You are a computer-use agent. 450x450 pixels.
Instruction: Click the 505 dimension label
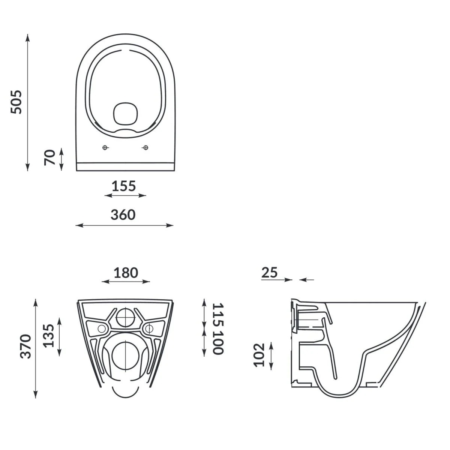(x=16, y=102)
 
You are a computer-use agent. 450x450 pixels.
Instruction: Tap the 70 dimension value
(x=50, y=157)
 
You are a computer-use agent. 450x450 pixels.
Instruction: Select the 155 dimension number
(x=124, y=186)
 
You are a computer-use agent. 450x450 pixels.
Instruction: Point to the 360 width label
(x=123, y=215)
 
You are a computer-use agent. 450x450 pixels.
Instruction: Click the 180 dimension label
(x=126, y=273)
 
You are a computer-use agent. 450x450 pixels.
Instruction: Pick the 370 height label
(x=26, y=346)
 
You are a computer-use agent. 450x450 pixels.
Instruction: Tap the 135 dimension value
(x=49, y=336)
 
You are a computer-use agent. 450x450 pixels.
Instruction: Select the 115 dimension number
(x=218, y=315)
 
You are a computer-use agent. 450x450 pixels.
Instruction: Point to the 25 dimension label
(x=270, y=272)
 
